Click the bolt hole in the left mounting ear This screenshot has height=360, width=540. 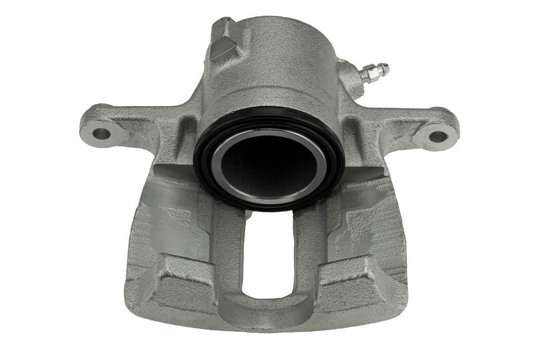pos(101,133)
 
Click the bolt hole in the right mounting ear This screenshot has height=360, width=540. pos(438,136)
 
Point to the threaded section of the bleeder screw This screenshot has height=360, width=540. pos(377,71)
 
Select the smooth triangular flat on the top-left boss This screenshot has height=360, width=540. pos(222,48)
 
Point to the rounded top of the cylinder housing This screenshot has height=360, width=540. pos(281,34)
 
